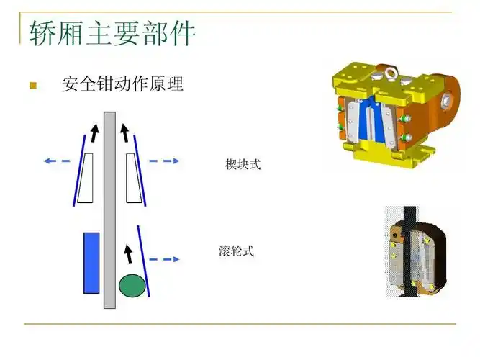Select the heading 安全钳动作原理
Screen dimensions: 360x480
[122, 85]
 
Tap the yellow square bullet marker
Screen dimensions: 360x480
[32, 86]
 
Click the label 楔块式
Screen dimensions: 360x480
[243, 165]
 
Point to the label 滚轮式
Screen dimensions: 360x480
[236, 252]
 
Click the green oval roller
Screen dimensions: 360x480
[131, 285]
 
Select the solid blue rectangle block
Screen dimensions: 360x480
[91, 263]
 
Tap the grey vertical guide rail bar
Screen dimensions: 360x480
[109, 209]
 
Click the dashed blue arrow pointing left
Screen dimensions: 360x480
[57, 161]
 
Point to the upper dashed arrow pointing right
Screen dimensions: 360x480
[163, 161]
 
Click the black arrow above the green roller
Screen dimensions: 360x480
[129, 253]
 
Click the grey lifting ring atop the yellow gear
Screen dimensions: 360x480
[391, 73]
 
